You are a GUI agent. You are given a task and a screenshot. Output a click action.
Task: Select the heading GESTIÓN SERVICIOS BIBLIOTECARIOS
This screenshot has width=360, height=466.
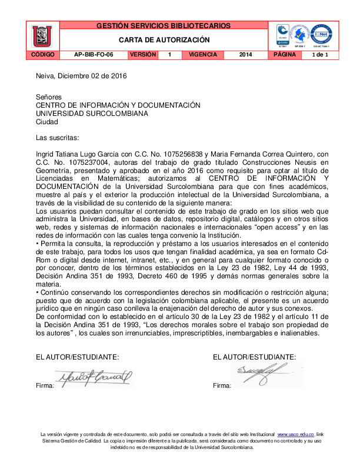164,26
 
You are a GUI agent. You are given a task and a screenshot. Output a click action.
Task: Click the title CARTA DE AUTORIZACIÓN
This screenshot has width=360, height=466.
164,40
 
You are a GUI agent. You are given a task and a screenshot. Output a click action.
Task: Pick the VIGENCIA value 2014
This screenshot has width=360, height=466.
246,55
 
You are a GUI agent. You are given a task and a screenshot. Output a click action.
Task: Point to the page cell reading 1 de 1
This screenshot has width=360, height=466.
320,55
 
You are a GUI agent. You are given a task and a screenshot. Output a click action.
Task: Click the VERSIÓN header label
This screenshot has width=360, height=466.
142,55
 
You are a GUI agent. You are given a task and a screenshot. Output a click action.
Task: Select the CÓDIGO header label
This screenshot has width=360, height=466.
42,55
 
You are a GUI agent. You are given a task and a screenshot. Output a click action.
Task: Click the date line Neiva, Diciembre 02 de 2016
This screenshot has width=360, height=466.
81,76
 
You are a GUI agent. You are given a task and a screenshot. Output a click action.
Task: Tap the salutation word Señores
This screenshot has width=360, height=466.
49,97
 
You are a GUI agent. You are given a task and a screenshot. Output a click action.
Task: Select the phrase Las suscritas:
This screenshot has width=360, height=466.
57,138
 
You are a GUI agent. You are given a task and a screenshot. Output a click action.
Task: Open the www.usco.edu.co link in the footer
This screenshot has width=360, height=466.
296,433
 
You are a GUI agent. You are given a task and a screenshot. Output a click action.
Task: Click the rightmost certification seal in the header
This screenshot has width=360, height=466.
321,35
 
